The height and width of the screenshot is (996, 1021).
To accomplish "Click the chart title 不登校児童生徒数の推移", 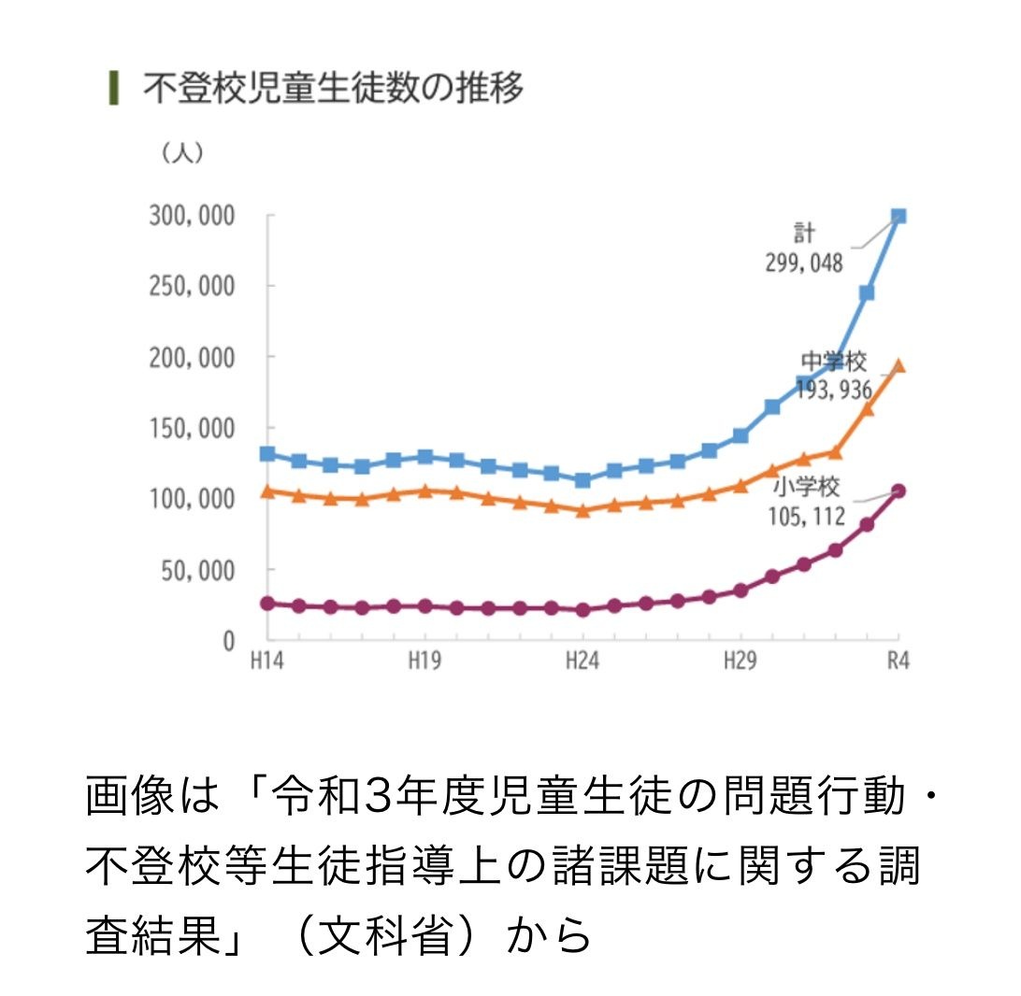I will click(332, 88).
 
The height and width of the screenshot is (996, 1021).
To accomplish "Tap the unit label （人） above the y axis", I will click(181, 152).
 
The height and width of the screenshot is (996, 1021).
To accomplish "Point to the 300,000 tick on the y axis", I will click(191, 216).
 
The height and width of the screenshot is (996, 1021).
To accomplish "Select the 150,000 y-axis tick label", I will click(191, 429).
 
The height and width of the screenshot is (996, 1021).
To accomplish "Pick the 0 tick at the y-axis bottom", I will click(227, 641).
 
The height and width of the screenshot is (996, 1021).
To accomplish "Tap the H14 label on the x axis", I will click(266, 661).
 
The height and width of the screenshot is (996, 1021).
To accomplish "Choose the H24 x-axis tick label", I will click(582, 661).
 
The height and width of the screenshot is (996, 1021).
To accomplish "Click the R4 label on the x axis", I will click(899, 661).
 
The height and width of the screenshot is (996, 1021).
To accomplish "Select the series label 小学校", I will click(808, 487).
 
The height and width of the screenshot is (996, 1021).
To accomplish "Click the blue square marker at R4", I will click(899, 216).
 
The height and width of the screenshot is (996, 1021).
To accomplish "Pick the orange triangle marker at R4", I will click(899, 366).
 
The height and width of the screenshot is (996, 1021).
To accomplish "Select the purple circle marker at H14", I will click(267, 604).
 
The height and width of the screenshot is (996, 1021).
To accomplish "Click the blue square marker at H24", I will click(582, 480).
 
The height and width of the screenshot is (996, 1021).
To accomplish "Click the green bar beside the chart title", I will click(114, 89).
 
